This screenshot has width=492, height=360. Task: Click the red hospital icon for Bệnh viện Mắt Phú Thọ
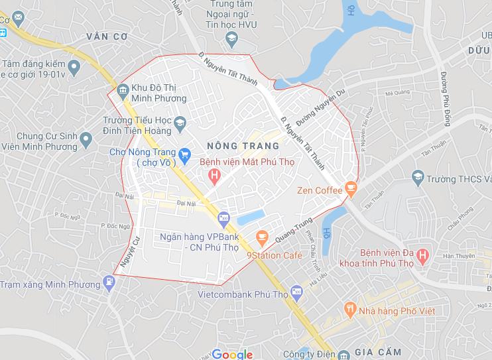tap(214, 175)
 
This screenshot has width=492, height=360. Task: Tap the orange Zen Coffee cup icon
tap(351, 190)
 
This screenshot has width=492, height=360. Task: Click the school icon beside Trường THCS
tap(418, 177)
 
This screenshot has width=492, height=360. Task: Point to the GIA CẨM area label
tap(379, 351)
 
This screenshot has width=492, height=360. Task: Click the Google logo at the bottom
tap(233, 354)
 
